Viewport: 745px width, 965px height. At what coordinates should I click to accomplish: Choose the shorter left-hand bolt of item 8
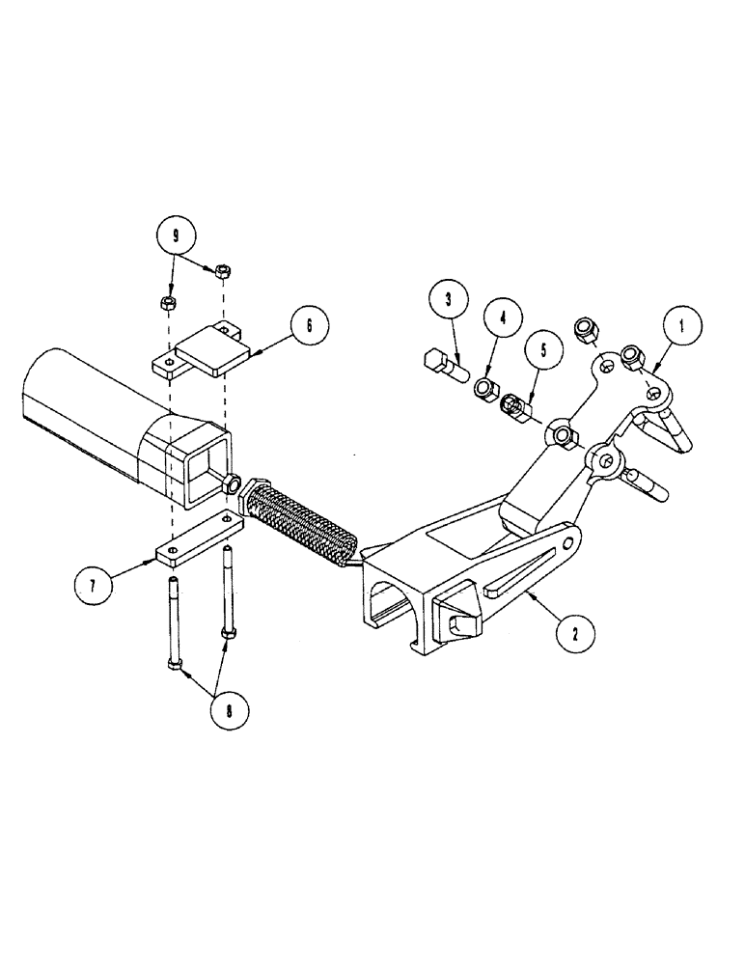coord(172,621)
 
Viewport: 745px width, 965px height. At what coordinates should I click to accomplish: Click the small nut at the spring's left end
coord(234,483)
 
